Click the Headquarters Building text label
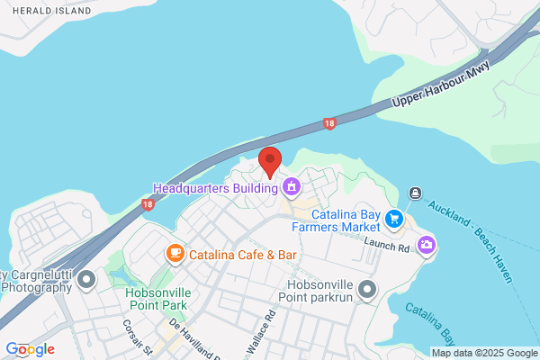[x=215, y=189]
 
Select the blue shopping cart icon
[x=393, y=219]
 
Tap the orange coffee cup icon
[x=175, y=255]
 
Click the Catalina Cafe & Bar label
[x=243, y=256]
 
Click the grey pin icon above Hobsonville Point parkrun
[x=366, y=289]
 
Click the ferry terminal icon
[x=415, y=193]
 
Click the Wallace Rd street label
[x=268, y=329]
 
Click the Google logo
[x=30, y=349]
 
